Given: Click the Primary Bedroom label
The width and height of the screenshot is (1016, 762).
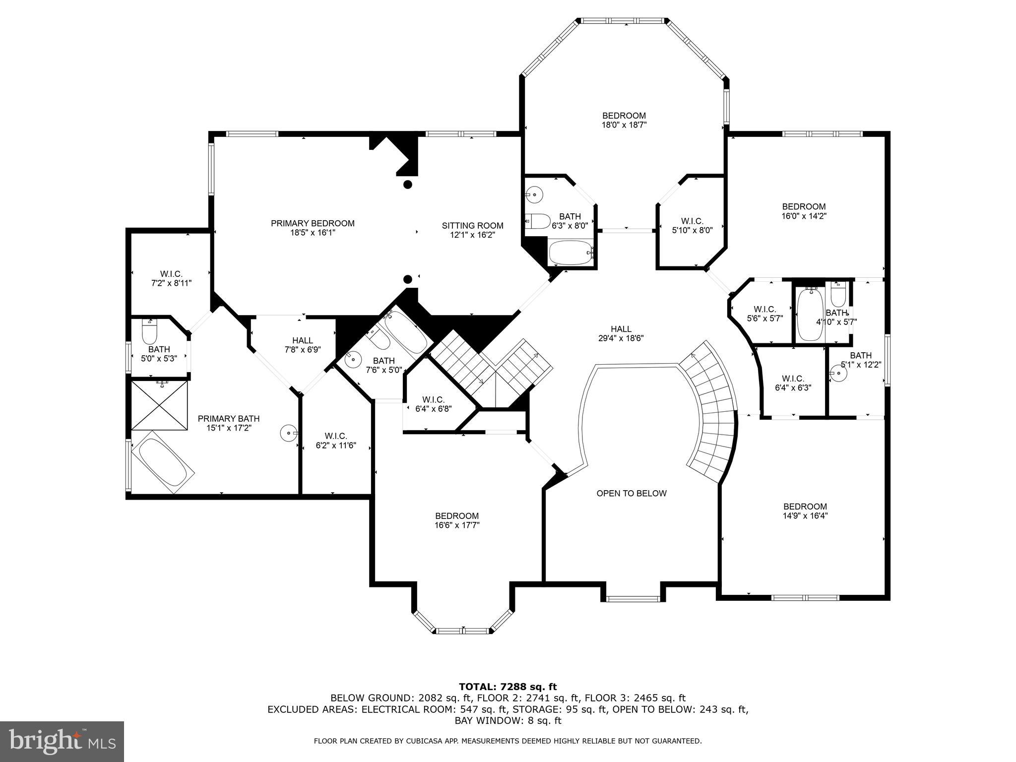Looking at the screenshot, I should (x=313, y=223).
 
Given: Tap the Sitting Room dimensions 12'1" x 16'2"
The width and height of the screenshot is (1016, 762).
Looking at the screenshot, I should (x=472, y=235).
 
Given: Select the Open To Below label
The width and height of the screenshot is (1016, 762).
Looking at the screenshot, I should (x=631, y=493).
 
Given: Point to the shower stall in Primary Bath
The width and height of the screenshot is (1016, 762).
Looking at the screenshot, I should (x=160, y=405).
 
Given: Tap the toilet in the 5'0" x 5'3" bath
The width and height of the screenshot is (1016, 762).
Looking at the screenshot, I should (x=149, y=332).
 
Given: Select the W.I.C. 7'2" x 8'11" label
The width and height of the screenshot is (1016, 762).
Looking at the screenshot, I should (x=171, y=278).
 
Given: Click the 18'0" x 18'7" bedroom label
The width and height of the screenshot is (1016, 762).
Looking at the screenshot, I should (x=624, y=121).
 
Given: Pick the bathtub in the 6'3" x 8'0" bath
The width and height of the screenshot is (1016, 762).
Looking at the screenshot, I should (x=571, y=253).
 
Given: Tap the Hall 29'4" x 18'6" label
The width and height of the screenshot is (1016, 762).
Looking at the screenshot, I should (x=621, y=333).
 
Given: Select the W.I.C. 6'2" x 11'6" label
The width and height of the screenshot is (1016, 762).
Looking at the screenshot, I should (x=336, y=441).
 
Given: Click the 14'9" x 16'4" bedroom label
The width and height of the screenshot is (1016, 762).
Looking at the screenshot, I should (x=805, y=511).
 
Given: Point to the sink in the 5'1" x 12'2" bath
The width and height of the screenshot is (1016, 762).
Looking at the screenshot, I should (x=838, y=373).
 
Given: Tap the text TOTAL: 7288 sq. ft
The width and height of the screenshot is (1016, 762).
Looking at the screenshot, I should (x=508, y=687).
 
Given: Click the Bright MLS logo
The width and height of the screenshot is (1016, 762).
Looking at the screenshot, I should (x=62, y=741).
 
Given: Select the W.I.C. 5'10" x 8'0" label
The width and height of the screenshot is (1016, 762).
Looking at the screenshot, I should (x=692, y=225).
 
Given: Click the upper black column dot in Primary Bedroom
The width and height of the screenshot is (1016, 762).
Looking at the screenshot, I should (x=407, y=185).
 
